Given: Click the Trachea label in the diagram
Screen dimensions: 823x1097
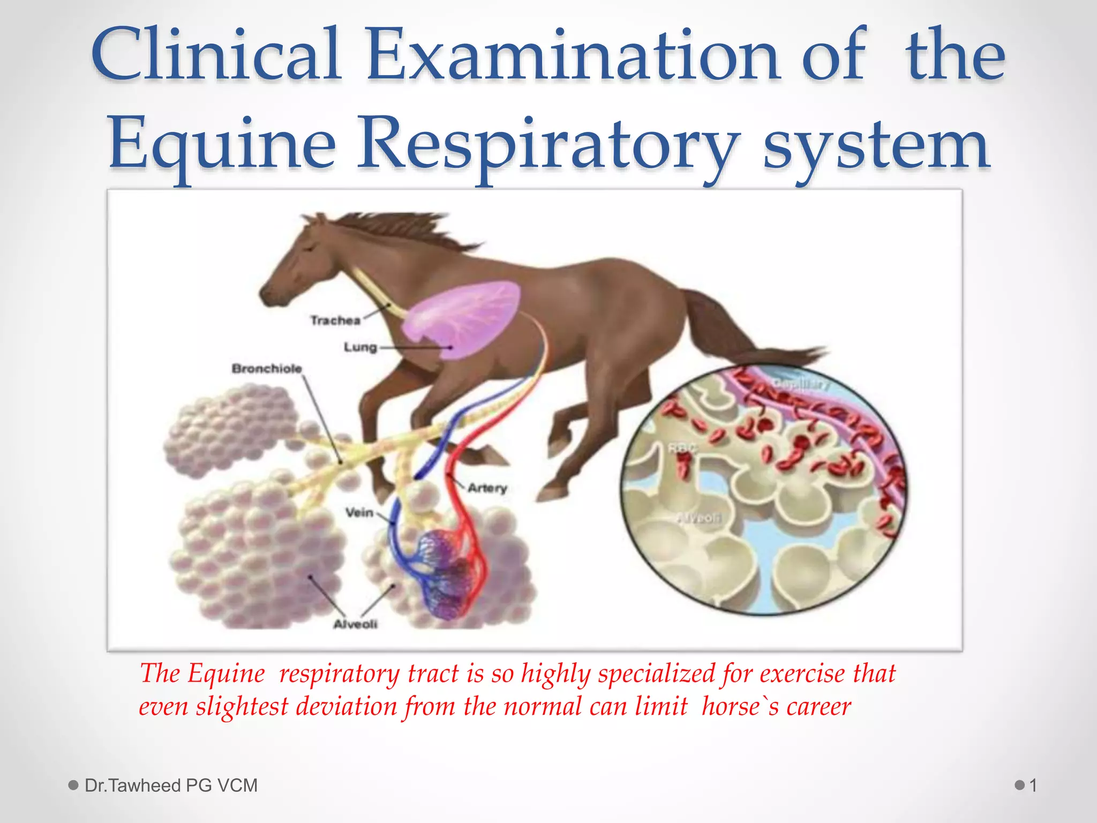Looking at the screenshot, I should point(335,320).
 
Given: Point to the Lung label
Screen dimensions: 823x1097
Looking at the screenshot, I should point(360,347).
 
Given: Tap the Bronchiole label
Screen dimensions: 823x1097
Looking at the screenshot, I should point(267,369).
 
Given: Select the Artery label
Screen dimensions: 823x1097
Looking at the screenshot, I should point(487,488).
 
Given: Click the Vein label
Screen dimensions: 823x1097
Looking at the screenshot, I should point(359,513).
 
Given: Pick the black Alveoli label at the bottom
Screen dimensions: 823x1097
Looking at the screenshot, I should point(355,624).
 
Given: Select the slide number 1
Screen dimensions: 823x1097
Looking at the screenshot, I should point(1033,785).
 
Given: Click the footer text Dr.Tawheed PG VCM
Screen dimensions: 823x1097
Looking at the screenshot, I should point(171,785).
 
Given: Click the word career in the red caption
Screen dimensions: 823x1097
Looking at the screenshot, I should point(818,707).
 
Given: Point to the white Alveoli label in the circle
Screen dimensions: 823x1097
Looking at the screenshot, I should point(699,518).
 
